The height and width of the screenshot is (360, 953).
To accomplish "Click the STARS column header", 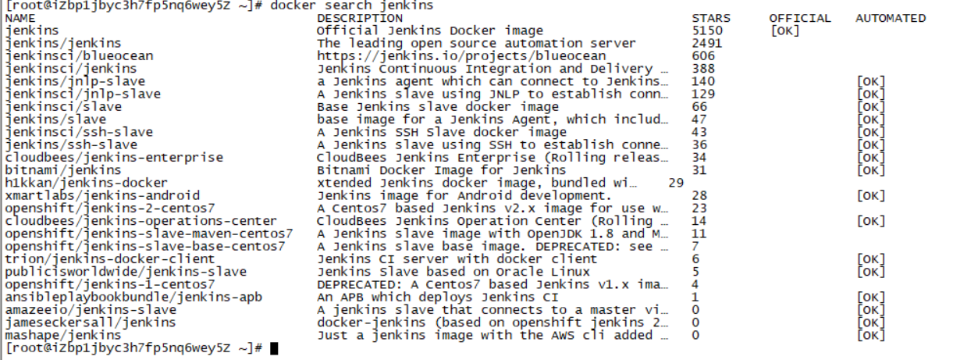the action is [x=710, y=18].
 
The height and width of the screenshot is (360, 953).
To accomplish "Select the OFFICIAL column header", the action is [x=800, y=18].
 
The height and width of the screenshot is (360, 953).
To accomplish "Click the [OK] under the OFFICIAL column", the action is [x=784, y=30].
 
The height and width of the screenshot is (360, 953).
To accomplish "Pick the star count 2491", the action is [x=707, y=43].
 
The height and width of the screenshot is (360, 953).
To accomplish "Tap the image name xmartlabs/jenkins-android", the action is [x=102, y=195].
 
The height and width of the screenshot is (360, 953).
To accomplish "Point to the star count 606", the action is [x=703, y=56].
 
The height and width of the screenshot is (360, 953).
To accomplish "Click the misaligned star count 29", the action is [x=676, y=183].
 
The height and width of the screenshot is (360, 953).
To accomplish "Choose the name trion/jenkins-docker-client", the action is [x=110, y=258].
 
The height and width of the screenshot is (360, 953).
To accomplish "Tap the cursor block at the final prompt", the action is [x=274, y=348].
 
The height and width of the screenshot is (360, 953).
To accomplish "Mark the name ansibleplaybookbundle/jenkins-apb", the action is [x=133, y=297].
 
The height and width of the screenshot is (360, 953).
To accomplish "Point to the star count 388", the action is [x=703, y=69].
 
